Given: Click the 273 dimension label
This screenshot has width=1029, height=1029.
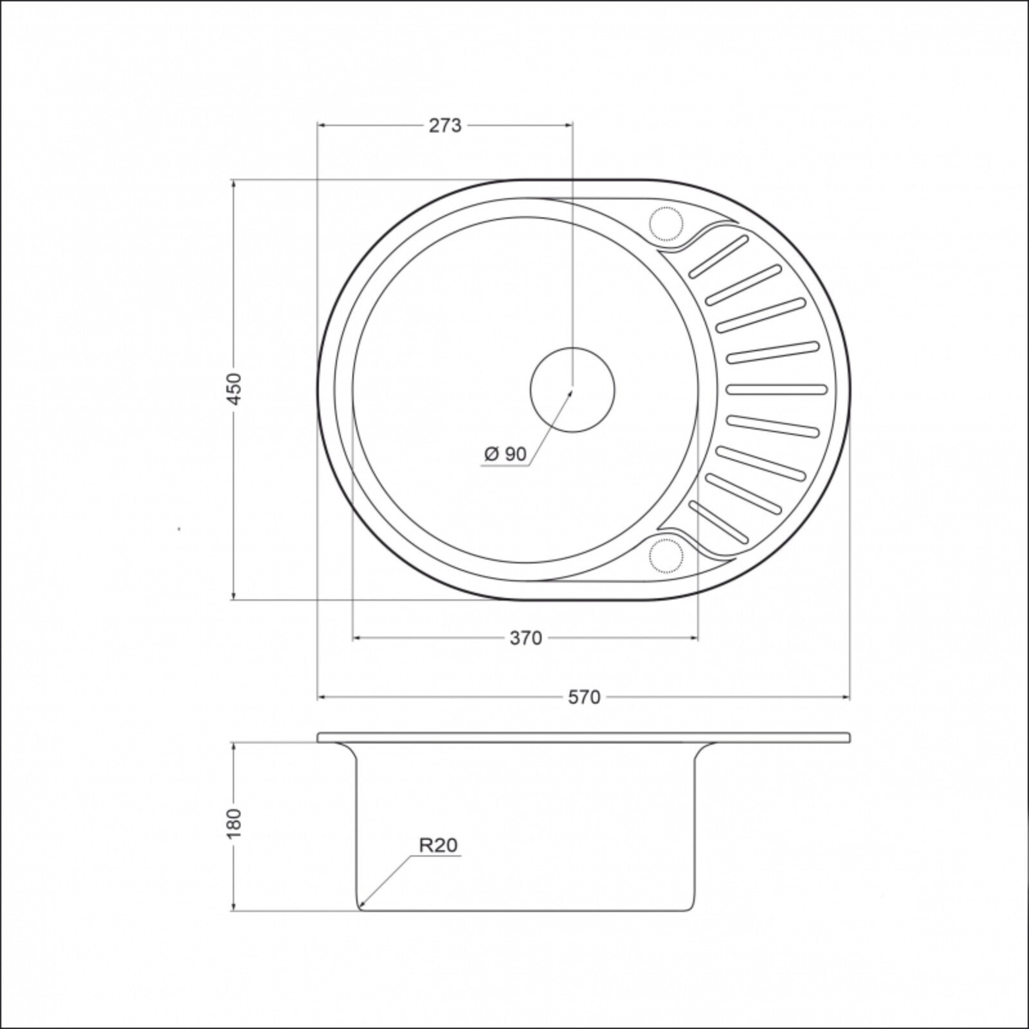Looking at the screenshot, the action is tap(445, 125).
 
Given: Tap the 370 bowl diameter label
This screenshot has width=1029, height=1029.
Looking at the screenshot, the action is tap(526, 638).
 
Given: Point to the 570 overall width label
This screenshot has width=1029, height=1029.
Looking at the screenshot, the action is tap(584, 697).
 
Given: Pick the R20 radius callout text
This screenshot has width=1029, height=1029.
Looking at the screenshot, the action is tap(439, 845).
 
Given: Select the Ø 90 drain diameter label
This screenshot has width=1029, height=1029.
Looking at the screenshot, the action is tap(505, 454).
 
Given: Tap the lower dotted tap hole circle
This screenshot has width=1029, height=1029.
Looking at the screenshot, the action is tap(665, 554).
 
